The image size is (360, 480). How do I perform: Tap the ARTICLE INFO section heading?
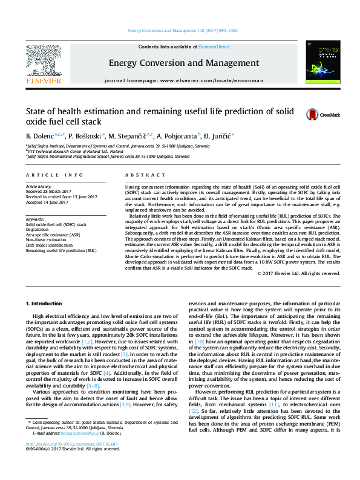(54, 175)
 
